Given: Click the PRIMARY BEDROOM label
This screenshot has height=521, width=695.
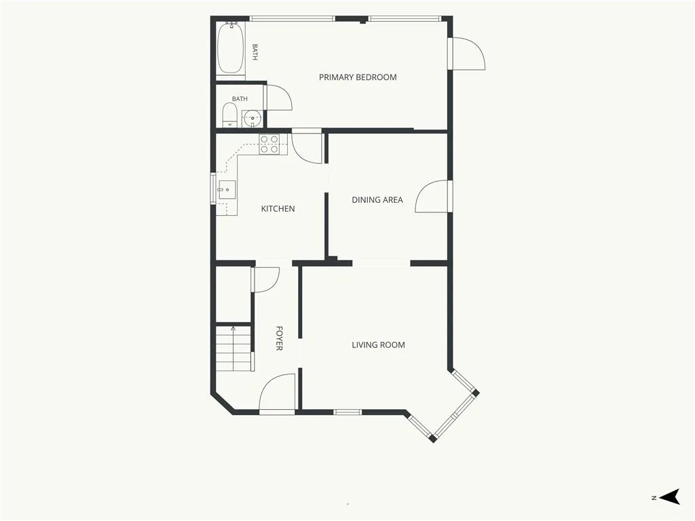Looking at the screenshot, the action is pos(358,77).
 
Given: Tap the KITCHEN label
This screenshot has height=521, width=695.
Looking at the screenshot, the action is pos(278,209).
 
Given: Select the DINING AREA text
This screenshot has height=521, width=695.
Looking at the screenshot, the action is pos(377,200).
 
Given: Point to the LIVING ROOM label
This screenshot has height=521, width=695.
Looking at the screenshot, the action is pos(378,345).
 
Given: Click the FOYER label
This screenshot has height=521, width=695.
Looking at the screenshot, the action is pos(279,339).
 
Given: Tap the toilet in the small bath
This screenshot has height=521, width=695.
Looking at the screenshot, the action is pos(229,115).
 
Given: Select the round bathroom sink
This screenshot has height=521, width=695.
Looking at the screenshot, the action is pos(253,118).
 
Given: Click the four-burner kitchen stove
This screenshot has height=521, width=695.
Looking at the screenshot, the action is pos(269,144).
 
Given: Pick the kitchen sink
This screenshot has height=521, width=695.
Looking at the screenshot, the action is pos(227,190).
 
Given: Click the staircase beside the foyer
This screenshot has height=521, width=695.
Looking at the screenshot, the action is pos(234,349).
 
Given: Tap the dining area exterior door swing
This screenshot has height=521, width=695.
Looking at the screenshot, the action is pos(432,196).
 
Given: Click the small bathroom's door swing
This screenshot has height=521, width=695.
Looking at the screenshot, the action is pos(279,98).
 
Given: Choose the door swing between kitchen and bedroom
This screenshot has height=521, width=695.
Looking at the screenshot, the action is pos(307,147).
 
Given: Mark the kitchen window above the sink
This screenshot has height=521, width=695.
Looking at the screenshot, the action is pos(212,189).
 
